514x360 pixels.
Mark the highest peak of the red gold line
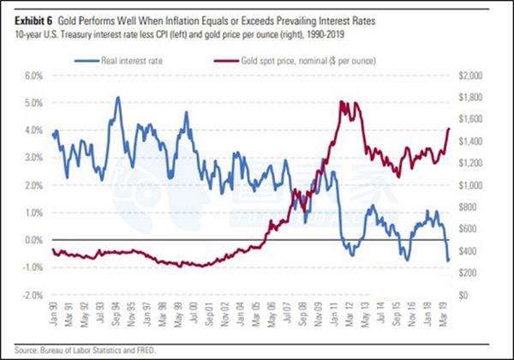342,102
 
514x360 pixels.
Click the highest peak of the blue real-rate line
117,97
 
